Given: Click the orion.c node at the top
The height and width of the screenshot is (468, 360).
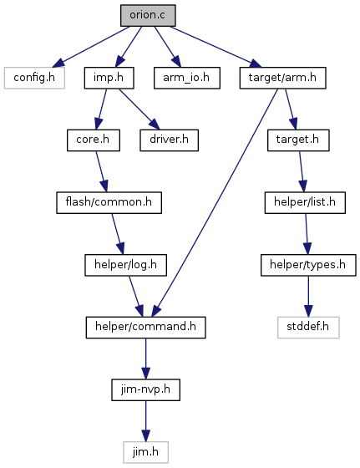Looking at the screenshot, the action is click(148, 15).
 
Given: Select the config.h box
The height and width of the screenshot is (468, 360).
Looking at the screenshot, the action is click(34, 78).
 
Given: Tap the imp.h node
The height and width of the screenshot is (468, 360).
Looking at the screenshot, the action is click(109, 78).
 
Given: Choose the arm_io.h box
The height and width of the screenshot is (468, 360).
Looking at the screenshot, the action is click(187, 78).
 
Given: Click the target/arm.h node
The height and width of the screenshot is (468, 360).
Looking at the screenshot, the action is click(283, 78).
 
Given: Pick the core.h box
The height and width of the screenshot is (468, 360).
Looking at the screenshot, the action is click(94, 140).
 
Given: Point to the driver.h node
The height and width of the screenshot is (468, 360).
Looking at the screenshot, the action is click(169, 140).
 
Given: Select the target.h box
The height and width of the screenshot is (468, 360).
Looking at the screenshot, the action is click(298, 140).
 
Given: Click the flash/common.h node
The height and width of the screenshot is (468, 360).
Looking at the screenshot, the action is click(109, 202).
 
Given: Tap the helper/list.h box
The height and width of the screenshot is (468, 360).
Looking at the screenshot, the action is click(305, 202).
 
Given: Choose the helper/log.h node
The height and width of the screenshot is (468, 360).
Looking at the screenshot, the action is click(125, 265).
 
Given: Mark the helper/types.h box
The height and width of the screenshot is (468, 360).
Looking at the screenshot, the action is click(308, 265).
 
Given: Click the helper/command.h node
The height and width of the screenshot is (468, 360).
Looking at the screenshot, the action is click(146, 328).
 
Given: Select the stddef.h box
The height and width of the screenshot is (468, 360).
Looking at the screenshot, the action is click(308, 328).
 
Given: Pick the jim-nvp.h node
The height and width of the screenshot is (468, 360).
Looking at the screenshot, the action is click(146, 389).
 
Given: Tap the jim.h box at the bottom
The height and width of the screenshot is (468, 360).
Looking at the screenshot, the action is click(146, 452).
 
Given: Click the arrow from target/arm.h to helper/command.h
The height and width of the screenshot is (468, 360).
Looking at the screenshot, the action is click(215, 202).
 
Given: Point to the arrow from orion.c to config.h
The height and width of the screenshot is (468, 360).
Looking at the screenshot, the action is click(91, 47).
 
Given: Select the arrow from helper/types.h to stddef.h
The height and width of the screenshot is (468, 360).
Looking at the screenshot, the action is click(308, 296).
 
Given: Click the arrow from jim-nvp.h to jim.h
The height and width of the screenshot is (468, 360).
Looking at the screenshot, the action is click(146, 421).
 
